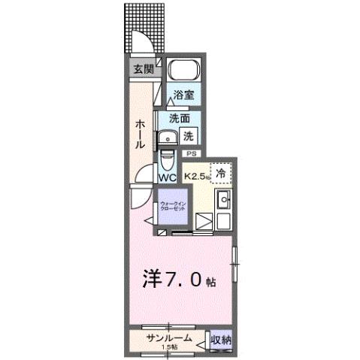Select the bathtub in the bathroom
pos(182,71)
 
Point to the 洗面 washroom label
pos(179,119)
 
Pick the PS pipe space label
pos(192,154)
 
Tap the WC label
pos(167,178)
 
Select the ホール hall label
pos(140,135)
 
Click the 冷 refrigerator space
pos(221,173)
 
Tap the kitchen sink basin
pos(223,201)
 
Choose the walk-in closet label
pos(175,207)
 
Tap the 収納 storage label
pos(220,340)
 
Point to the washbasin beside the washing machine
pos(166,137)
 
